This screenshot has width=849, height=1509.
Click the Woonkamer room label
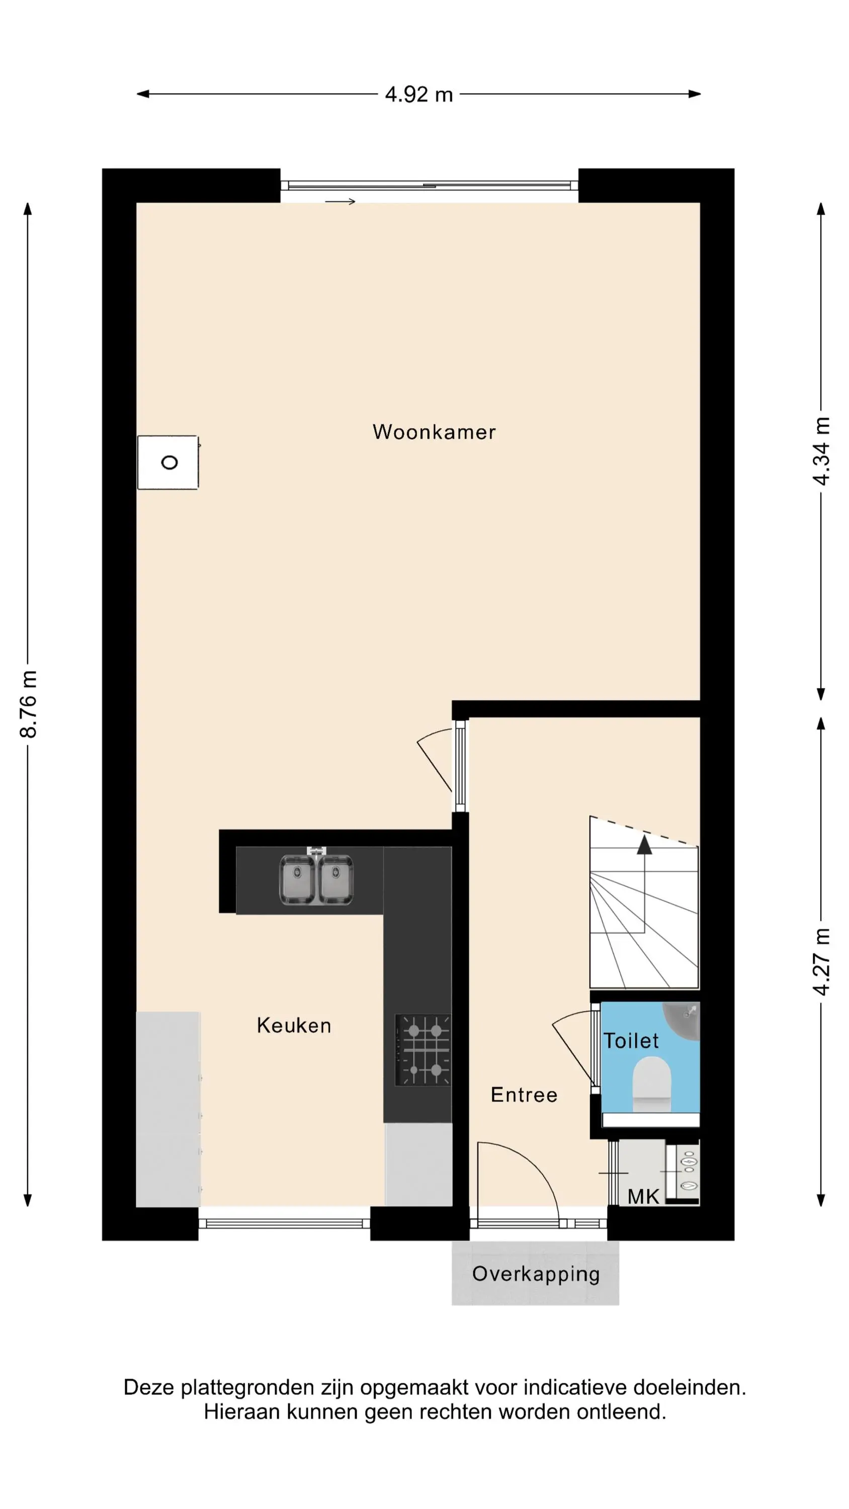pyautogui.click(x=434, y=432)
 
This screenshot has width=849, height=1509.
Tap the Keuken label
pyautogui.click(x=294, y=1025)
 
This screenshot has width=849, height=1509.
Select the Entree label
pyautogui.click(x=524, y=1095)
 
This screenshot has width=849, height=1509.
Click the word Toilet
pyautogui.click(x=631, y=1040)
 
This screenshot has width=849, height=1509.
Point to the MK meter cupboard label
pyautogui.click(x=643, y=1197)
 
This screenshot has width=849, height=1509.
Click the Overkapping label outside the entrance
pyautogui.click(x=536, y=1275)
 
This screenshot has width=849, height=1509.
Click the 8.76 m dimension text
pyautogui.click(x=29, y=704)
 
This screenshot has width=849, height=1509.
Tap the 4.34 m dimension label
pyautogui.click(x=821, y=451)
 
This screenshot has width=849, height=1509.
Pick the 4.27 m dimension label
pyautogui.click(x=821, y=961)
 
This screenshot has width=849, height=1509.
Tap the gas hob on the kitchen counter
pyautogui.click(x=423, y=1050)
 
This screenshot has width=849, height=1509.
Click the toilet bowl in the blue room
pyautogui.click(x=651, y=1083)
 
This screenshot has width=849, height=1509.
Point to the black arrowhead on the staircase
pyautogui.click(x=644, y=845)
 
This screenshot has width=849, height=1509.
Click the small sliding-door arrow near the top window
pyautogui.click(x=341, y=202)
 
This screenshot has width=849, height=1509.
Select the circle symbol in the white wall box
pyautogui.click(x=169, y=462)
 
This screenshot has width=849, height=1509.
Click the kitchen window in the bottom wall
pyautogui.click(x=284, y=1223)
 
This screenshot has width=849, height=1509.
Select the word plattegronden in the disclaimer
pyautogui.click(x=248, y=1388)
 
